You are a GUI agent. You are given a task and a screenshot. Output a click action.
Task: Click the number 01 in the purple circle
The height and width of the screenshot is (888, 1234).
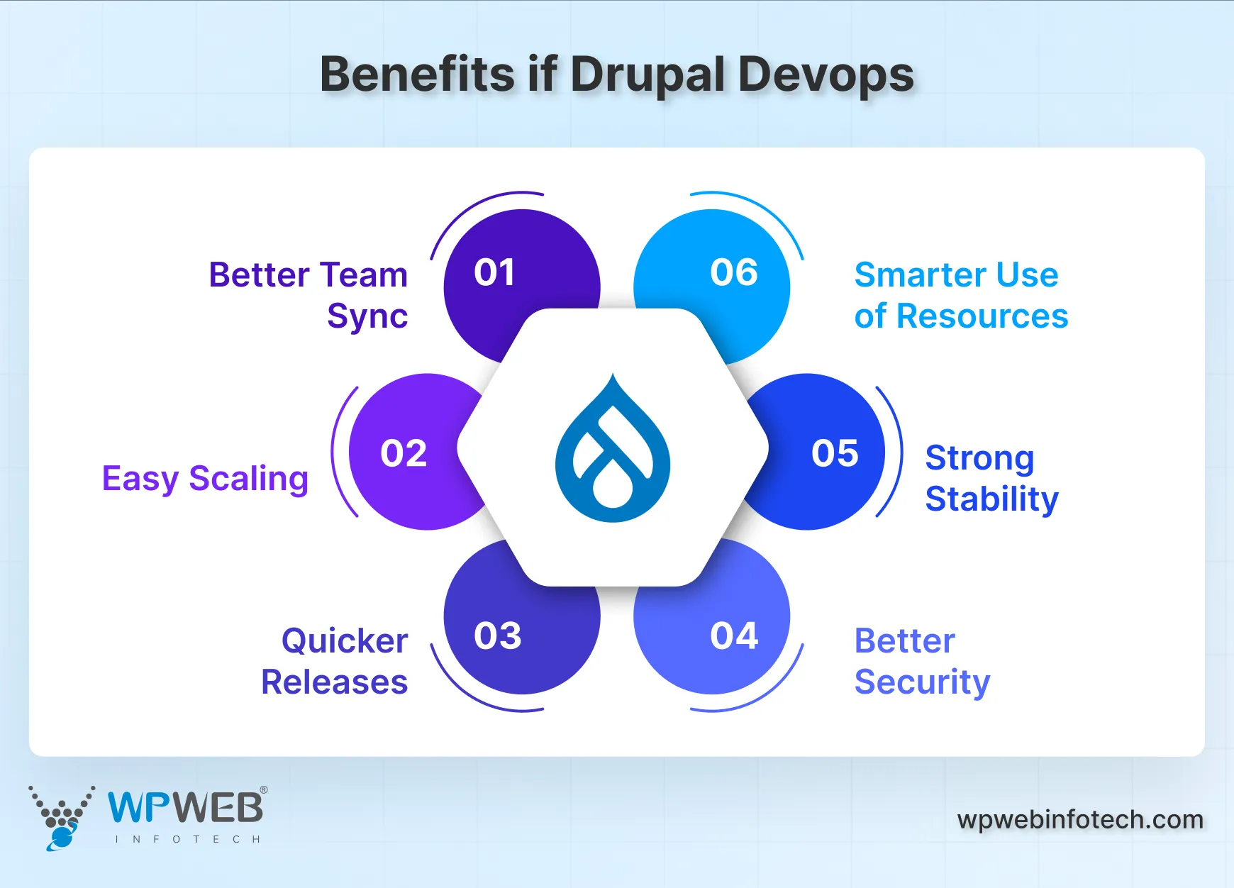494,273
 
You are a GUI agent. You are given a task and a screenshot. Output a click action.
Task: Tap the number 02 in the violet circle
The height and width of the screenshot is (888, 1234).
404,453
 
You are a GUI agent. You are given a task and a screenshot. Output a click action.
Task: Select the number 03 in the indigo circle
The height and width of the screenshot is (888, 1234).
497,636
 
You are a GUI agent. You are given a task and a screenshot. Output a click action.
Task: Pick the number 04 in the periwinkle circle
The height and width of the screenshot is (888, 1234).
734,636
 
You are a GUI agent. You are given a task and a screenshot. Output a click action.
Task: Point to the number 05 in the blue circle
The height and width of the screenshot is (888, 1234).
835,453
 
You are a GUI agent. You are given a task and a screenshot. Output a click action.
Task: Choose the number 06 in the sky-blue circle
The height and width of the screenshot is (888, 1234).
734,273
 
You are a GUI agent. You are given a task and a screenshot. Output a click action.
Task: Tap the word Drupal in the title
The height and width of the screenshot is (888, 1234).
647,75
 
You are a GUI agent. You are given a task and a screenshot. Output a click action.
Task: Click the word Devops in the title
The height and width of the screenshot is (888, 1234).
826,75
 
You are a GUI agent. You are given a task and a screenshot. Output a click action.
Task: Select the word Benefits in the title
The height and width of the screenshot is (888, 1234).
417,74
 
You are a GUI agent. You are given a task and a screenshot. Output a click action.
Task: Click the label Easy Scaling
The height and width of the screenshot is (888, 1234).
205,479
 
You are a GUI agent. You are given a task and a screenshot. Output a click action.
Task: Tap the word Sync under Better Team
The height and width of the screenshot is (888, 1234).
367,316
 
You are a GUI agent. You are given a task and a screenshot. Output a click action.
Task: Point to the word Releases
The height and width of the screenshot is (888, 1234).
334,682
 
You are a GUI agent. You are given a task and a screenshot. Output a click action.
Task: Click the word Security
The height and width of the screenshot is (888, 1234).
922,682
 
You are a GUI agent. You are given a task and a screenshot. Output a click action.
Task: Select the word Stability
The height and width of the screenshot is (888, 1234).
991,499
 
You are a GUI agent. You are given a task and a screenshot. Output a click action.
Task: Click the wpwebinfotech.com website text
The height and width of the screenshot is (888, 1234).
1080,820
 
